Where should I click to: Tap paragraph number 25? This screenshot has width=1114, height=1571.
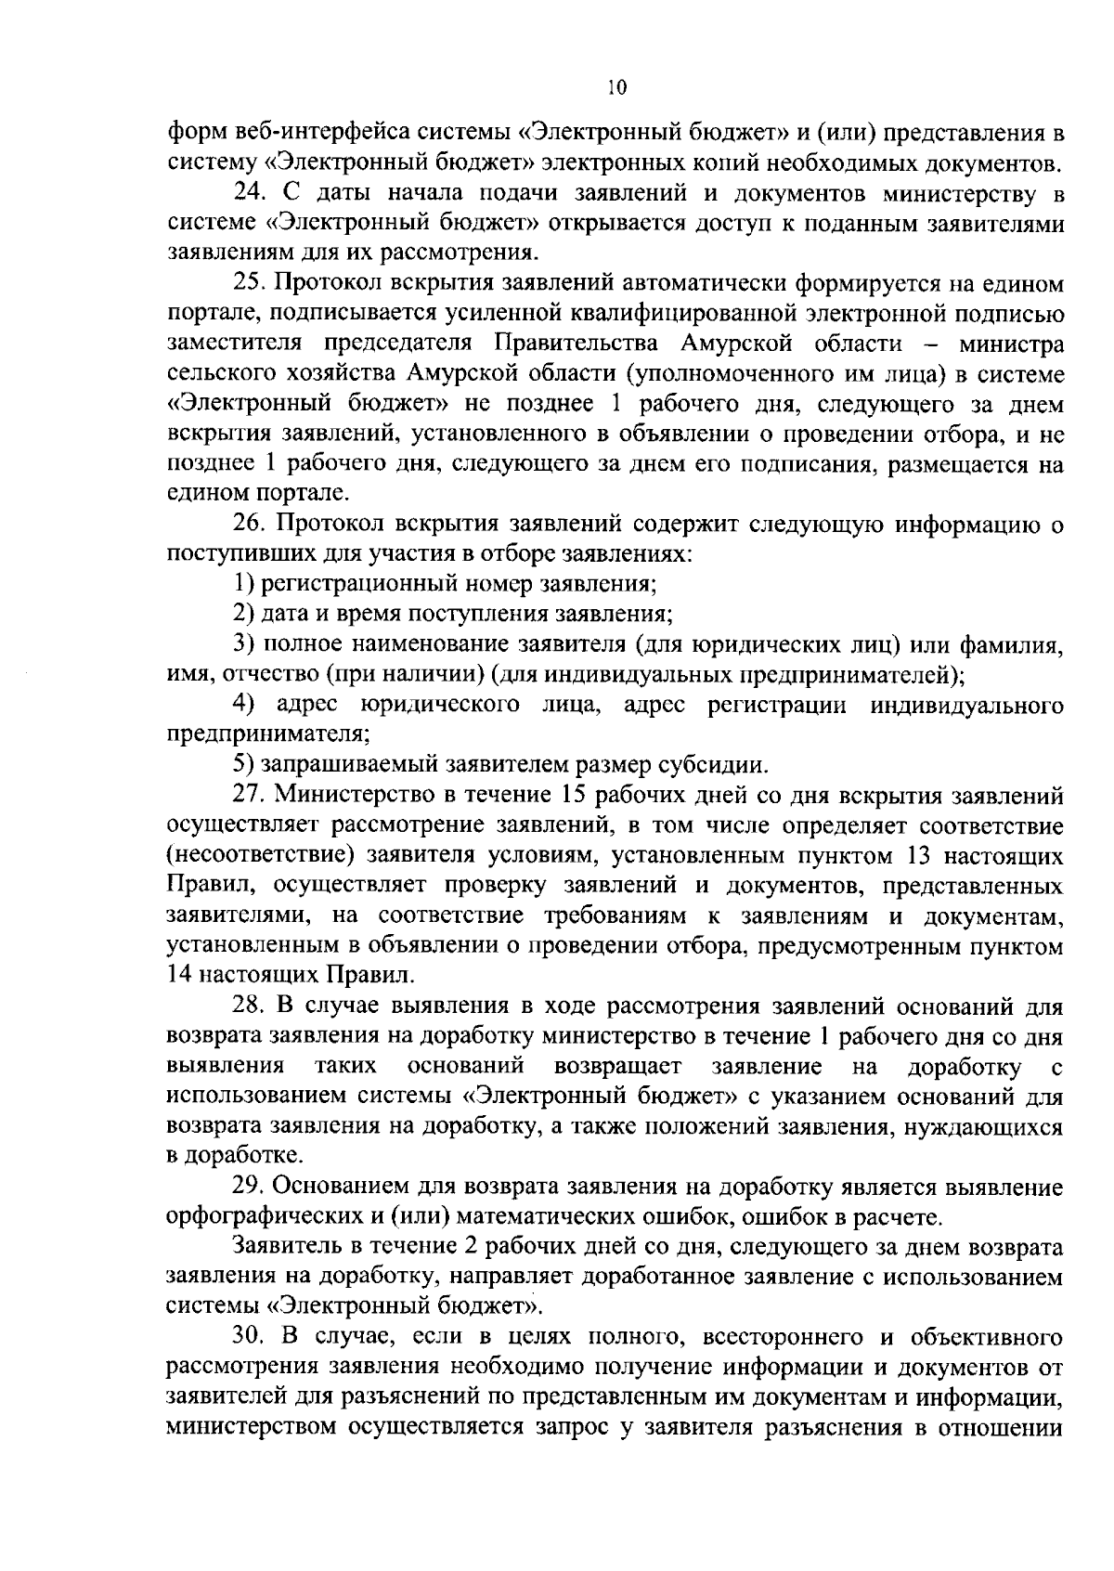coord(246,283)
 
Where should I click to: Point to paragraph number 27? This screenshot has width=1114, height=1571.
coord(246,796)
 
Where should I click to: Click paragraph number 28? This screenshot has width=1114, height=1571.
coord(246,1006)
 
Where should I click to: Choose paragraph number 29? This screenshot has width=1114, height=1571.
coord(246,1188)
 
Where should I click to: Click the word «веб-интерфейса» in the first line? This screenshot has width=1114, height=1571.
coord(319,134)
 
